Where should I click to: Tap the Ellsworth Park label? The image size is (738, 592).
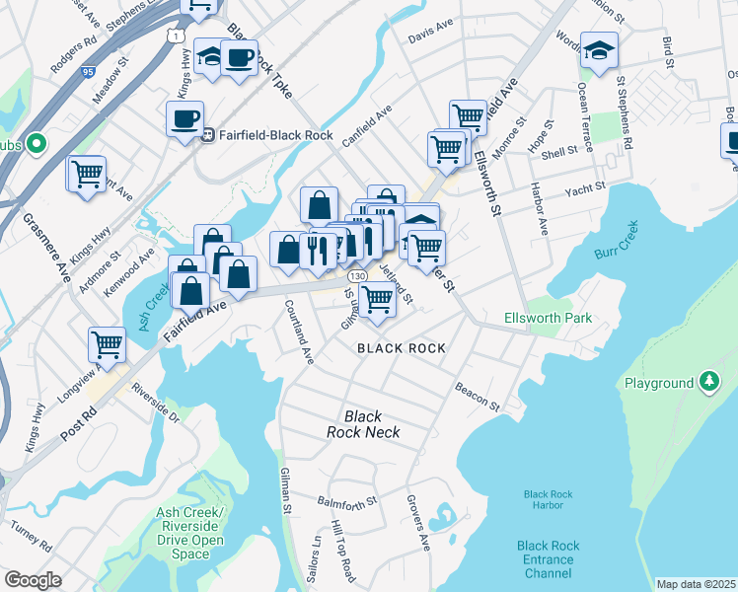[548, 319]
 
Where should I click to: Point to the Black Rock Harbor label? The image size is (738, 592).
[551, 500]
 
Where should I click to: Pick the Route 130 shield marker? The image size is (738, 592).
[357, 276]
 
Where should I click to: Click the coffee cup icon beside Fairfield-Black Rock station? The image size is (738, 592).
[184, 119]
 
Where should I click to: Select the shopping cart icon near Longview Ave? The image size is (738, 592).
[107, 344]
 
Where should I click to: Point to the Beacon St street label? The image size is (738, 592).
[478, 398]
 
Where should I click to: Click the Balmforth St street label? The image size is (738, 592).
[348, 502]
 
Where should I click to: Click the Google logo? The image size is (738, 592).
[33, 581]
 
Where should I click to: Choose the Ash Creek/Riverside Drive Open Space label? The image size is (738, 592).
[189, 533]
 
